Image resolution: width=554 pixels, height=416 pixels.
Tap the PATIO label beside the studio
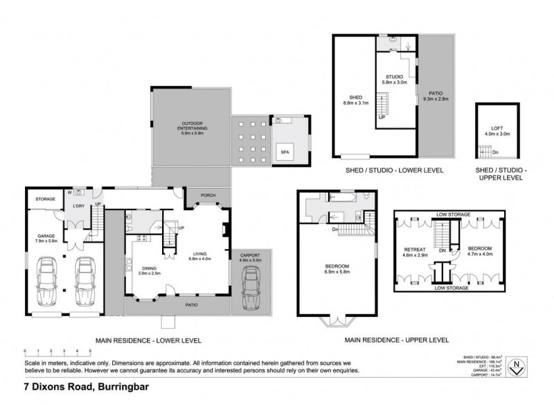tap(434, 95)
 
